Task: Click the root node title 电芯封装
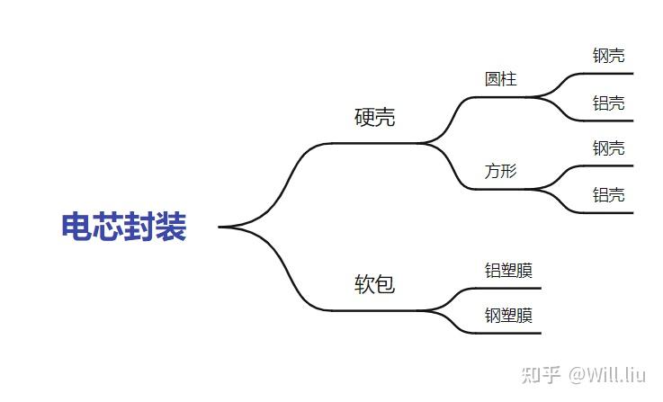tap(124, 227)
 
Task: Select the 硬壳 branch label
tap(375, 118)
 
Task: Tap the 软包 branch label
tap(375, 285)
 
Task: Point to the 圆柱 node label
tap(501, 79)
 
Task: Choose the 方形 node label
tap(501, 171)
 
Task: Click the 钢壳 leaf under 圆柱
tap(609, 56)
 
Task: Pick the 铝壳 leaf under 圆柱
tap(609, 103)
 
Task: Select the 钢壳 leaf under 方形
tap(609, 148)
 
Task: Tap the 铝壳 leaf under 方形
tap(609, 195)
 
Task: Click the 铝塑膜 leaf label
tap(508, 270)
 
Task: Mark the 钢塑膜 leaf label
tap(508, 316)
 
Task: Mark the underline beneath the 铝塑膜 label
tap(513, 288)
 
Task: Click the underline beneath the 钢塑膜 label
tap(513, 333)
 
